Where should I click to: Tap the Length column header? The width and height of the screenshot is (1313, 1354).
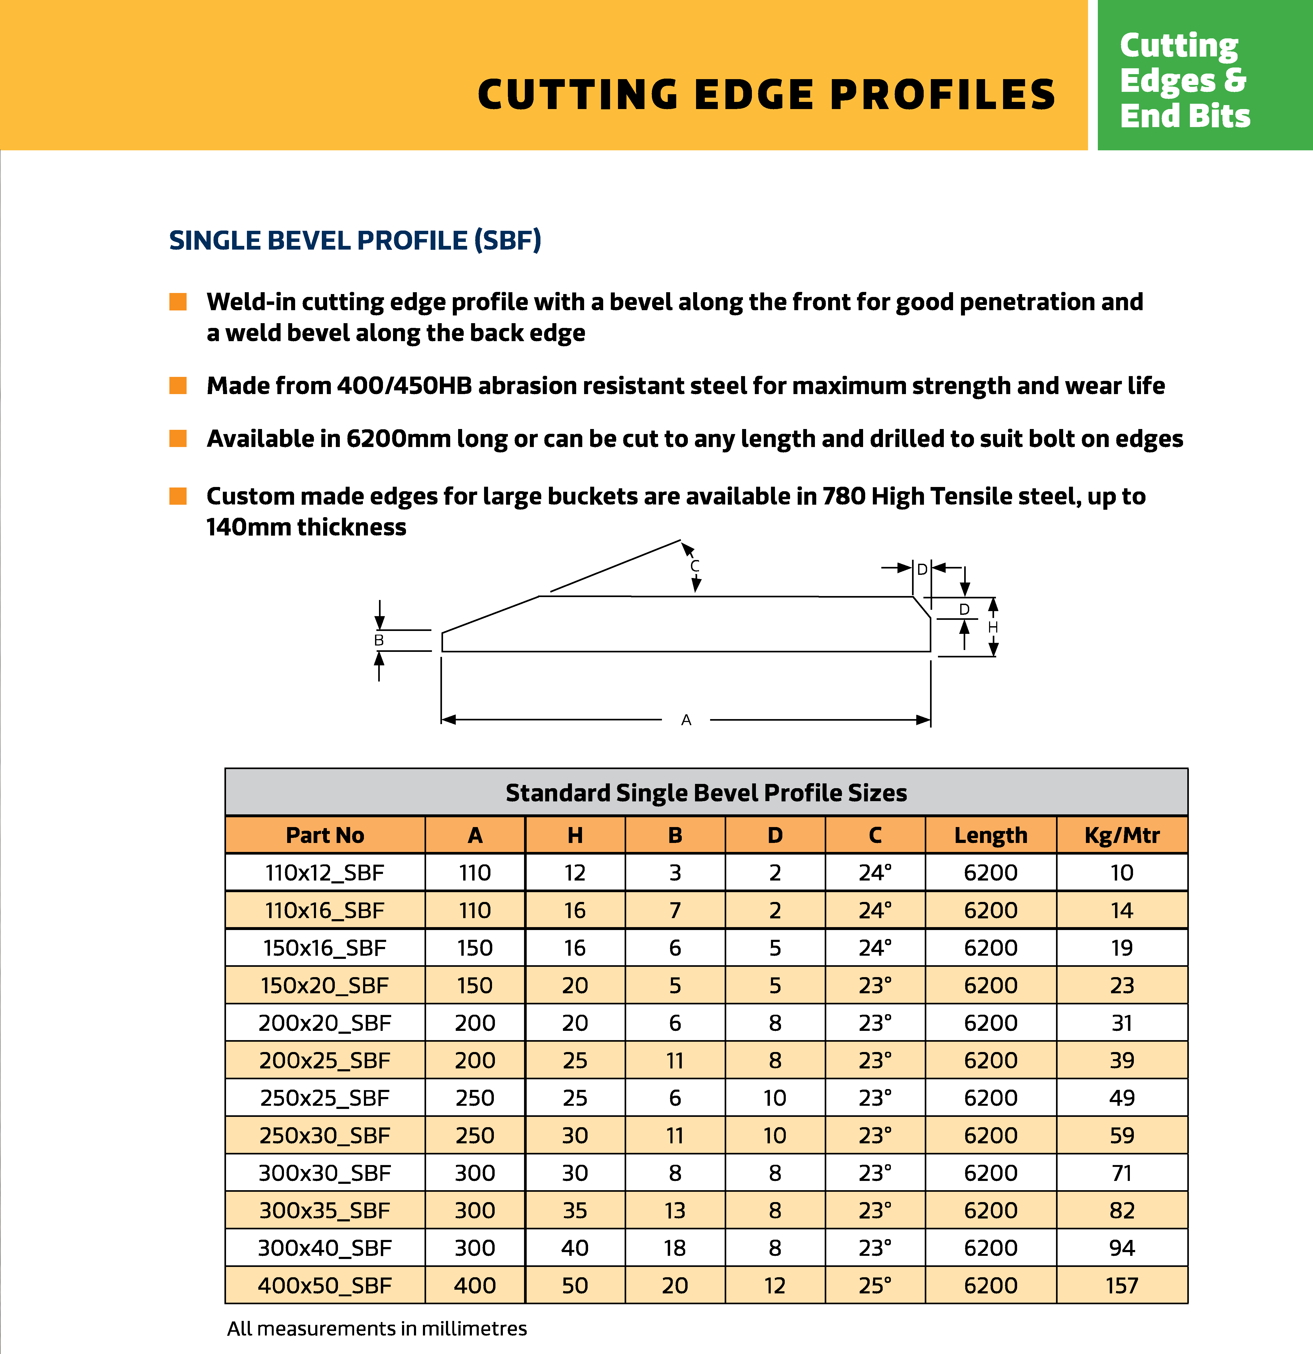pos(990,835)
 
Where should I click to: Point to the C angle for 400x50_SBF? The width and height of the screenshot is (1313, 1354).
pos(874,1286)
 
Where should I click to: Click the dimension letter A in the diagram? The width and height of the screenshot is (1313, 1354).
pos(686,720)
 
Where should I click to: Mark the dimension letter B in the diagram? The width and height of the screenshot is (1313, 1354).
pos(378,640)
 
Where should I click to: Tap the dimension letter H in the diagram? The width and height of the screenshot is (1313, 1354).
pos(992,627)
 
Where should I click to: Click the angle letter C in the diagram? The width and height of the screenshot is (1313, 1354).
pos(695,566)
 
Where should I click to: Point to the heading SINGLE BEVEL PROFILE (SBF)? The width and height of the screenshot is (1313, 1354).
pos(355,240)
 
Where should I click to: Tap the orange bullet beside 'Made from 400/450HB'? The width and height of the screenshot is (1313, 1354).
pos(178,385)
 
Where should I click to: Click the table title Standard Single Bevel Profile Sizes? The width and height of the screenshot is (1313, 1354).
pos(706,792)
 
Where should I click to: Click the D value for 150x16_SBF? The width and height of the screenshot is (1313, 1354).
pos(775,948)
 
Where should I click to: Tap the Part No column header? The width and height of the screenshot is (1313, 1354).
pos(325,835)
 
